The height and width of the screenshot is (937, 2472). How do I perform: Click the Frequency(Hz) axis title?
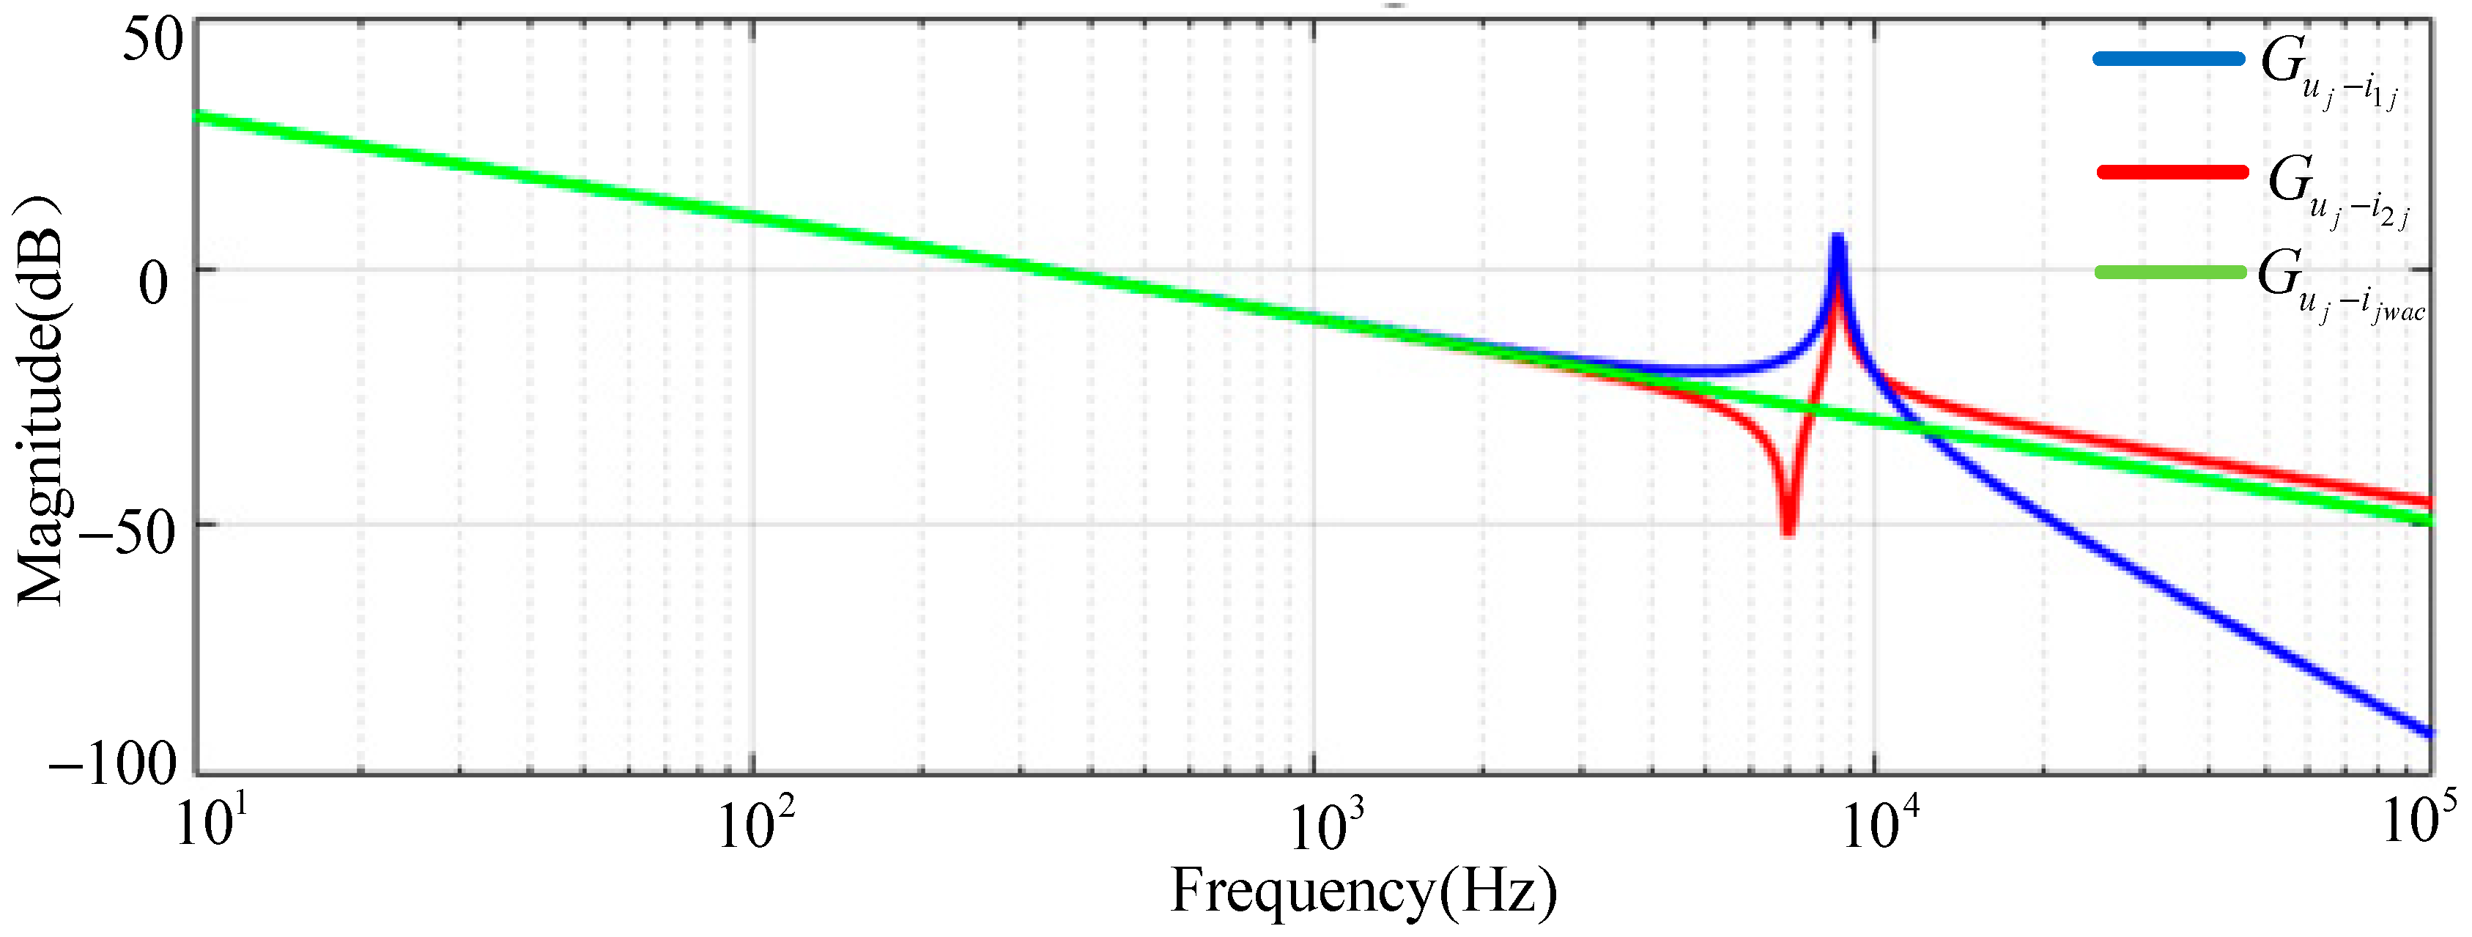point(1363,891)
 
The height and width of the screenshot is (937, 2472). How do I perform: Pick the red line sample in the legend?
point(2172,173)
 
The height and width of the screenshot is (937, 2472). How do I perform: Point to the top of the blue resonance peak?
point(1837,238)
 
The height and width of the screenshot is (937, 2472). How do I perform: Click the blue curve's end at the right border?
point(2429,733)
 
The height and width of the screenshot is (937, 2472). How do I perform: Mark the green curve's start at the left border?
point(199,117)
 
